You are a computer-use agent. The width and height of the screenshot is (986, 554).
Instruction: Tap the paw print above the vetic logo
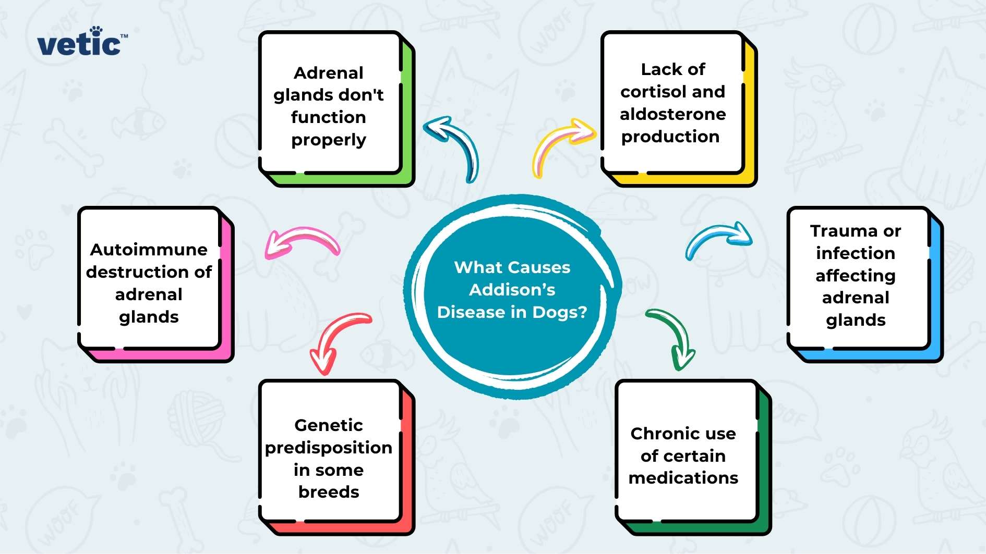96,31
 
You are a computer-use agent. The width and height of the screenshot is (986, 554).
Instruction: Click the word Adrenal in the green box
329,73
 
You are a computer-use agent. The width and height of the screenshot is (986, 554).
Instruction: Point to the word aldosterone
672,114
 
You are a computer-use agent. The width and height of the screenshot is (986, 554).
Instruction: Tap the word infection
856,253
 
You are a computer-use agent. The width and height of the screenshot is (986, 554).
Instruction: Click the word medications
683,478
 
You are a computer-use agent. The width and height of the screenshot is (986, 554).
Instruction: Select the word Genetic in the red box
329,425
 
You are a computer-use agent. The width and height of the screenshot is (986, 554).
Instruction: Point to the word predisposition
329,448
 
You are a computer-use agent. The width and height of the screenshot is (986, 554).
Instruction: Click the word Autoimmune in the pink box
149,250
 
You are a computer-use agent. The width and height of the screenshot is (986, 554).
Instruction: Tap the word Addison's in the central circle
512,290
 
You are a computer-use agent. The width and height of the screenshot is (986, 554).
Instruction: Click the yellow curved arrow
561,143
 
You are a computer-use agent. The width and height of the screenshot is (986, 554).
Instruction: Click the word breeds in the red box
329,492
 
